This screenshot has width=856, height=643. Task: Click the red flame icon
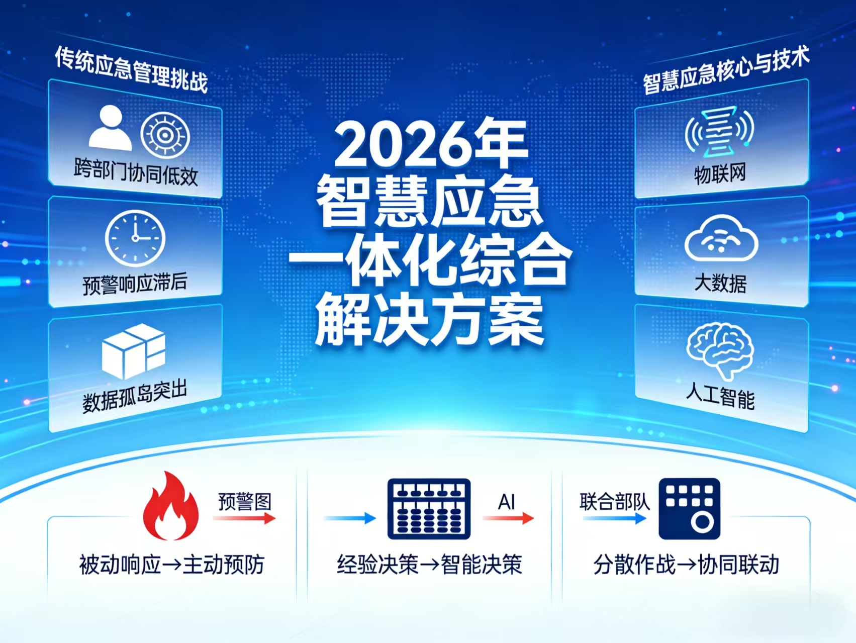171,507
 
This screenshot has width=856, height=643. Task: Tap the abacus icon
429,509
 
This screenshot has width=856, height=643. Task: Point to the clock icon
135,238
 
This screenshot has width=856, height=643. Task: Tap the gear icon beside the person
165,135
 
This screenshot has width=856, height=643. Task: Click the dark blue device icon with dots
690,509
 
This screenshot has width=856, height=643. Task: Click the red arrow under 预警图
245,518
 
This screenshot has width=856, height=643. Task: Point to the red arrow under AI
508,518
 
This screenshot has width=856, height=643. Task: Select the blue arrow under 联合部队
615,518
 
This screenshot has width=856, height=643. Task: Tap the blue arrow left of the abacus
350,518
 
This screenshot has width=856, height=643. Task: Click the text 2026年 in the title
431,144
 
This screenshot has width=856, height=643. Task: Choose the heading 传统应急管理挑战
131,70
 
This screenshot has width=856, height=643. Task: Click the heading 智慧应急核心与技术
726,70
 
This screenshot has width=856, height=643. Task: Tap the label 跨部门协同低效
136,172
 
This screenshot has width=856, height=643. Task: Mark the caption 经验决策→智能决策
430,565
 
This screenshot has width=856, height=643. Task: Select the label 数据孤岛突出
135,397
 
